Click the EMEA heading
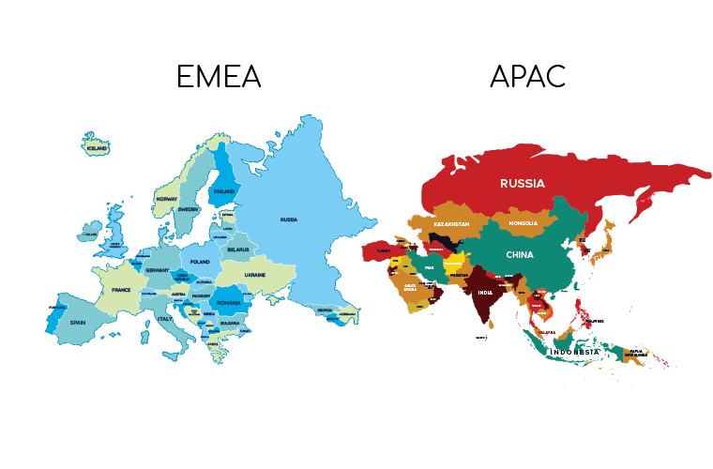point(218,77)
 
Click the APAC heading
point(527,77)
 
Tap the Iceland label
point(97,148)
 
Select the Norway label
point(167,199)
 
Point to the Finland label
point(223,191)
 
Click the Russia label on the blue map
point(289,219)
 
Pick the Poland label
point(200,262)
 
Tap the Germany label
point(158,270)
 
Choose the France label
point(122,291)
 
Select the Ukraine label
point(255,274)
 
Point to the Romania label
point(229,304)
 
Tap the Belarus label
point(236,250)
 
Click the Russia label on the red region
point(523,183)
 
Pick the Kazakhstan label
point(450,226)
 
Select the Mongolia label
point(523,223)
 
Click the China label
point(520,254)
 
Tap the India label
point(484,293)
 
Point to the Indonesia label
point(575,352)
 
